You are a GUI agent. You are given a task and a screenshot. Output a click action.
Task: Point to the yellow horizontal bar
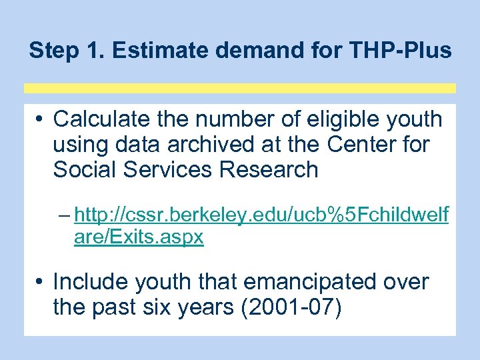coord(240,88)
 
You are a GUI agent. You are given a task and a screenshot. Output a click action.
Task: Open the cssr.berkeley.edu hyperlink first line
coord(261,215)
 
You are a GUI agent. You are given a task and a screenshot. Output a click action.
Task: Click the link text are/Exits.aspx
coord(139,237)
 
